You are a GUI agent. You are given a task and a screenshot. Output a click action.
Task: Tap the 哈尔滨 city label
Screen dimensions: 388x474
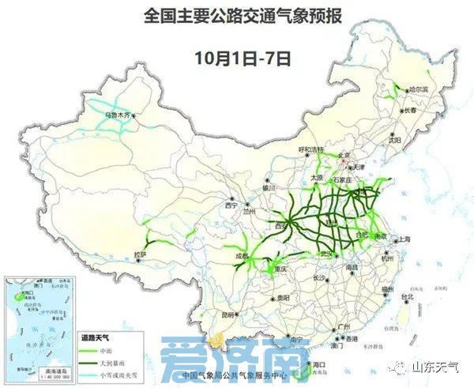click(414, 90)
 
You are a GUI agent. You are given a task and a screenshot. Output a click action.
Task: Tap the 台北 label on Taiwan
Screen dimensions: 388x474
click(408, 297)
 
